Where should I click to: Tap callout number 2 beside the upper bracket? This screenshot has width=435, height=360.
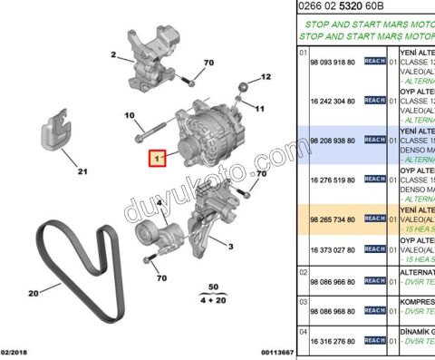point(115,54)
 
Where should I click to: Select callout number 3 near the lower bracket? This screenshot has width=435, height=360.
point(231,246)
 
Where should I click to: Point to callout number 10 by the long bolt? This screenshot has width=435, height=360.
point(130,115)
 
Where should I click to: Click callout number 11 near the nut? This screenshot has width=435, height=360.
point(259,109)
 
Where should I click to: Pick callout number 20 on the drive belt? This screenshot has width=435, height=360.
point(33,293)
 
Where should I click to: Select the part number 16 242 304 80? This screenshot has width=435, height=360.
point(332,102)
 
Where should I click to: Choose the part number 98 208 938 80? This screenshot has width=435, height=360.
point(332,141)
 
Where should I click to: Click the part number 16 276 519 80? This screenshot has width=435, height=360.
point(332,180)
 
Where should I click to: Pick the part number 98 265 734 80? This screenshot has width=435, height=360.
point(332,219)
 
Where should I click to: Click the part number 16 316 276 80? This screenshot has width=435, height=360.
point(332,341)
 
